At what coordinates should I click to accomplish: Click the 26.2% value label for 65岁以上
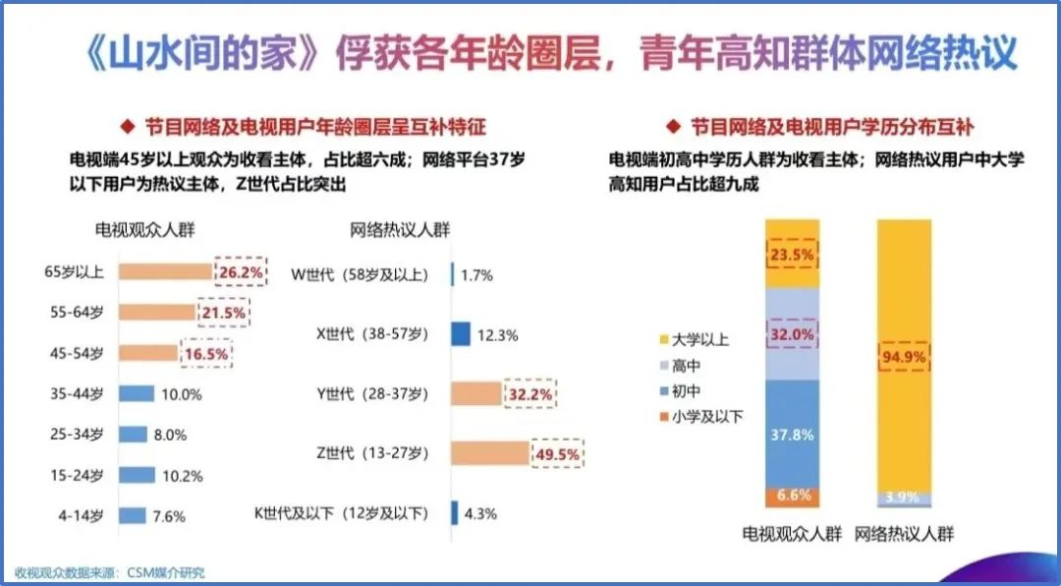coord(239,271)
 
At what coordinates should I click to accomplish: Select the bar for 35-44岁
coord(137,394)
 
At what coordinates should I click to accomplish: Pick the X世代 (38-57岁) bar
coord(461,334)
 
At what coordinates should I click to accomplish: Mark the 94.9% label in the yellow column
coord(904,357)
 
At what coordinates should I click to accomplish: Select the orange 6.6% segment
coord(792,498)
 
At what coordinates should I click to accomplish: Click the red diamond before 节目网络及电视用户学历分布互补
coord(673,126)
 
